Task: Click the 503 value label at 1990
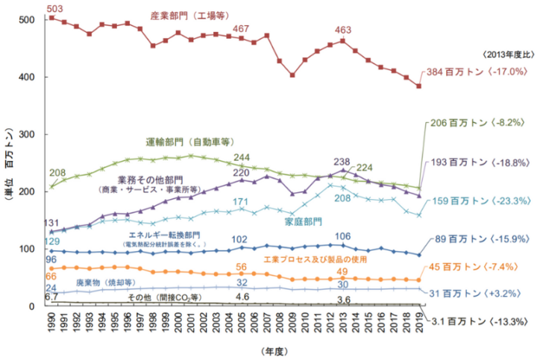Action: pyautogui.click(x=54, y=8)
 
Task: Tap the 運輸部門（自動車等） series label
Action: pyautogui.click(x=189, y=142)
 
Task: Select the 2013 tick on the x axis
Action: pyautogui.click(x=342, y=326)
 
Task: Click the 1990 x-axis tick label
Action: pyautogui.click(x=51, y=326)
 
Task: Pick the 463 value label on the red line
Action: pyautogui.click(x=343, y=30)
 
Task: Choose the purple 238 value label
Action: pyautogui.click(x=342, y=161)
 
